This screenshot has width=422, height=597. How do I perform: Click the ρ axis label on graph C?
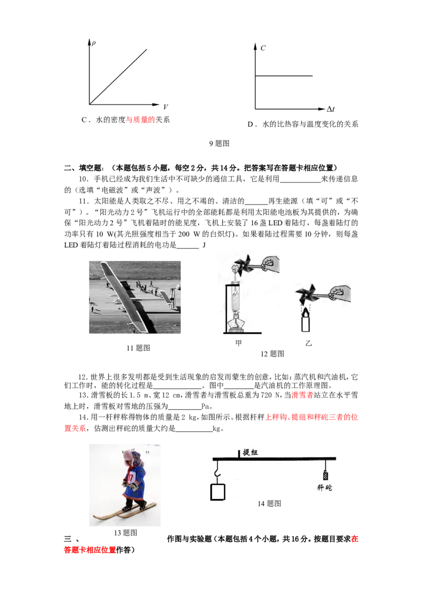coord(94,43)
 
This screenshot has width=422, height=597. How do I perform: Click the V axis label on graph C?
coord(165,107)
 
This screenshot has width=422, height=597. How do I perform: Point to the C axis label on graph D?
coord(263,48)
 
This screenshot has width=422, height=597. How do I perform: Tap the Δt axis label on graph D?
coord(330,109)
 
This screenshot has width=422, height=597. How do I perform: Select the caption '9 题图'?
coord(219,143)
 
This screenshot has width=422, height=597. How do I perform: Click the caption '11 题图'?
coord(138,348)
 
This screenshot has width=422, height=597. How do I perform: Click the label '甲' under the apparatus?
coord(238,343)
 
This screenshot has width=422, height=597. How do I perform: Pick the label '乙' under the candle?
coord(309,343)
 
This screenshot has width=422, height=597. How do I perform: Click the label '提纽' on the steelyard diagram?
coord(250,452)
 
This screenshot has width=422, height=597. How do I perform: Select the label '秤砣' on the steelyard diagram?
coord(324,488)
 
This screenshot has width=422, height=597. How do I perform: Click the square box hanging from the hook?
coord(217,492)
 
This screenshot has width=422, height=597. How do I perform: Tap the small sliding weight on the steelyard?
coord(325,476)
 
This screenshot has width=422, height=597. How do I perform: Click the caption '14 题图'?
coord(269,503)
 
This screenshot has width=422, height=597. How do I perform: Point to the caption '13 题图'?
coord(126,533)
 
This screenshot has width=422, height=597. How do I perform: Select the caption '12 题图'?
coord(272,354)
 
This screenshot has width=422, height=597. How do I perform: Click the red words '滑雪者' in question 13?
coord(302,395)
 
